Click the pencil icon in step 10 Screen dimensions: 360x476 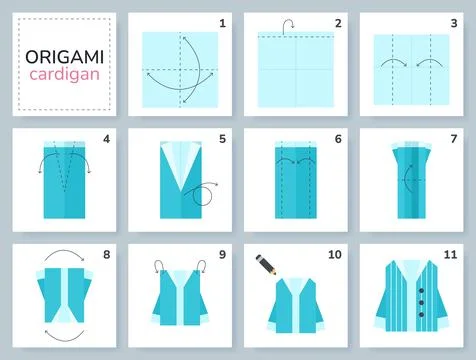pyautogui.click(x=268, y=265)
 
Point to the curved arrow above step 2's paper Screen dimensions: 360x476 pyautogui.click(x=288, y=25)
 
